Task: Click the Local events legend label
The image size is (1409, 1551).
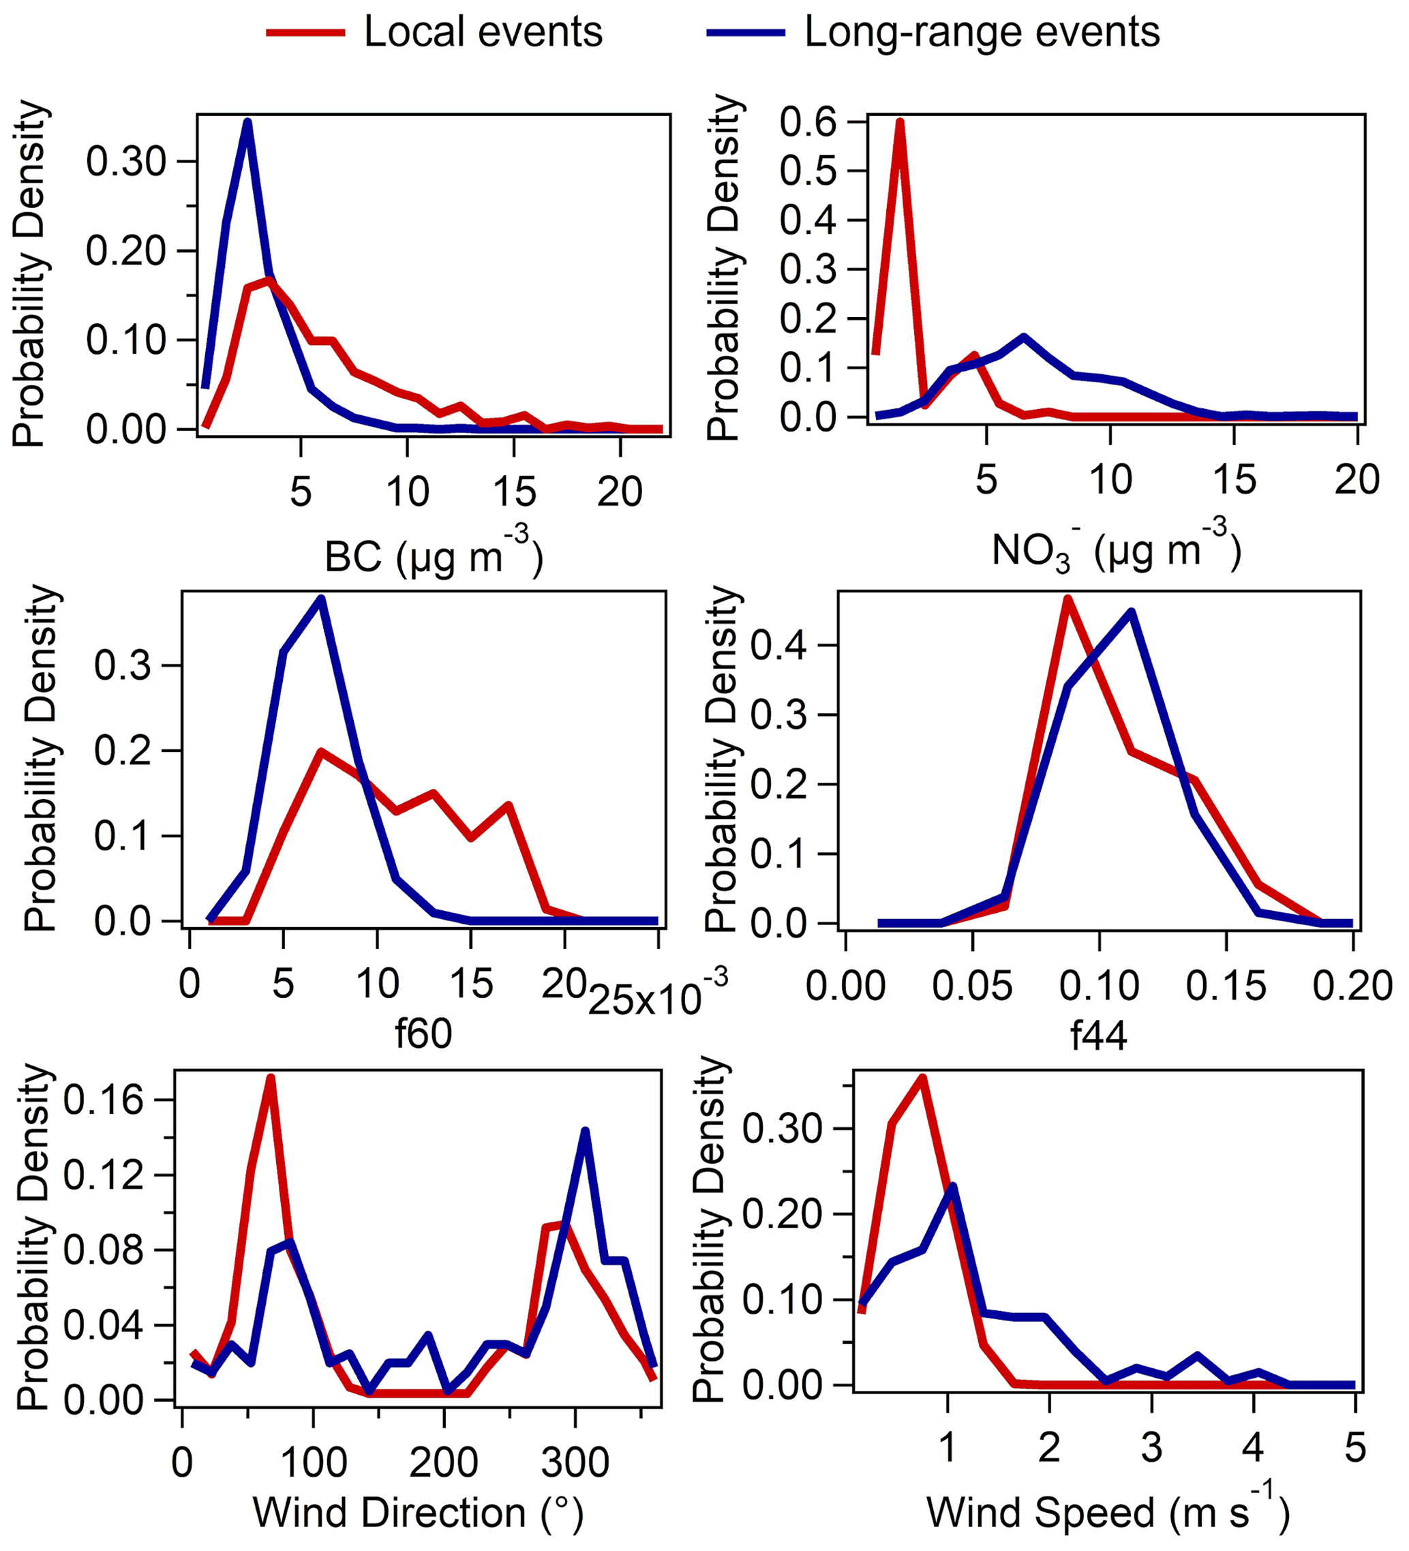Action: [483, 32]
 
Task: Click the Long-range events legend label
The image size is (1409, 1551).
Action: [982, 32]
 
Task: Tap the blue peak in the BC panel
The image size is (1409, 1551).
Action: [247, 121]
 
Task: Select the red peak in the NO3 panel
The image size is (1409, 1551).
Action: [899, 122]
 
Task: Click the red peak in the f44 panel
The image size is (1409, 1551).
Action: [1067, 598]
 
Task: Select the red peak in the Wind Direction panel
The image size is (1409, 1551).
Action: [270, 1078]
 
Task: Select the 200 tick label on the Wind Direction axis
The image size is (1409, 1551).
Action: [444, 1462]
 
